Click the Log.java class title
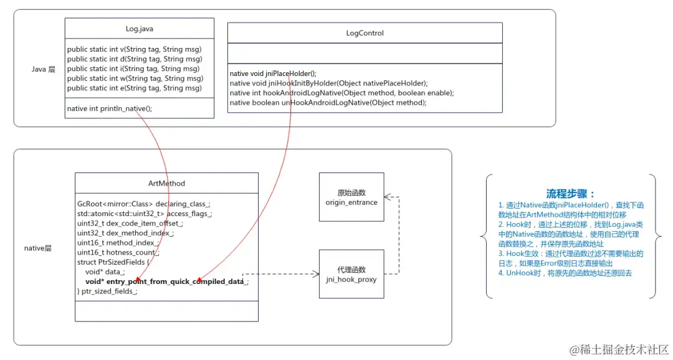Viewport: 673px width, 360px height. point(140,29)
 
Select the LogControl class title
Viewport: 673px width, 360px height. point(365,33)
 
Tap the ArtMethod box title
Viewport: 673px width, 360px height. point(166,183)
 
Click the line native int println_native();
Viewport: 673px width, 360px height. point(110,108)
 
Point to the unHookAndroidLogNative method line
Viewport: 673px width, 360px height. point(328,102)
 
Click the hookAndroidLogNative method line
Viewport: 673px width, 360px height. point(341,93)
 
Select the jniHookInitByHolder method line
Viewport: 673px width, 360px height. point(328,83)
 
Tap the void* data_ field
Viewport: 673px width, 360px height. point(105,272)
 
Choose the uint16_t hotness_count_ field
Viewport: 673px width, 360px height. point(118,252)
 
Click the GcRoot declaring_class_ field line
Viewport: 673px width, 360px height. point(144,204)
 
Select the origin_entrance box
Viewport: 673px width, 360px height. point(351,197)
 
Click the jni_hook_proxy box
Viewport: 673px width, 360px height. point(351,274)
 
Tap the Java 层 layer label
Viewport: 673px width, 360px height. point(44,69)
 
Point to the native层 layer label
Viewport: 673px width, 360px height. point(37,248)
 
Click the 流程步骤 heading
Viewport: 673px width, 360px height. point(570,194)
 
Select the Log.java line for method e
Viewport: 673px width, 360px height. point(135,88)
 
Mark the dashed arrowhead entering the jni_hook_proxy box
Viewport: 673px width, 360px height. point(315,273)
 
